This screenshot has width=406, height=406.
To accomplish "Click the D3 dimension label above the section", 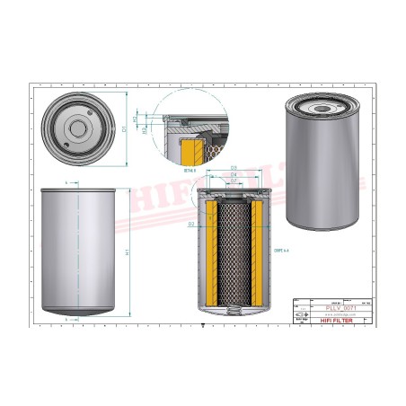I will click(234, 168).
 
